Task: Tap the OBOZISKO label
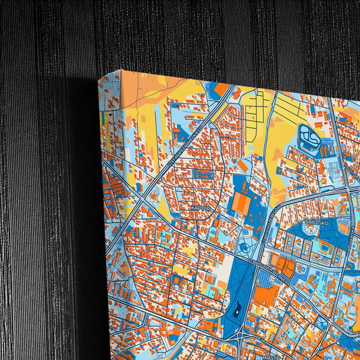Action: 315,222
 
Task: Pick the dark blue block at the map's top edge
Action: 221,88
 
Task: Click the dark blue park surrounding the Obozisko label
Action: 297,233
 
